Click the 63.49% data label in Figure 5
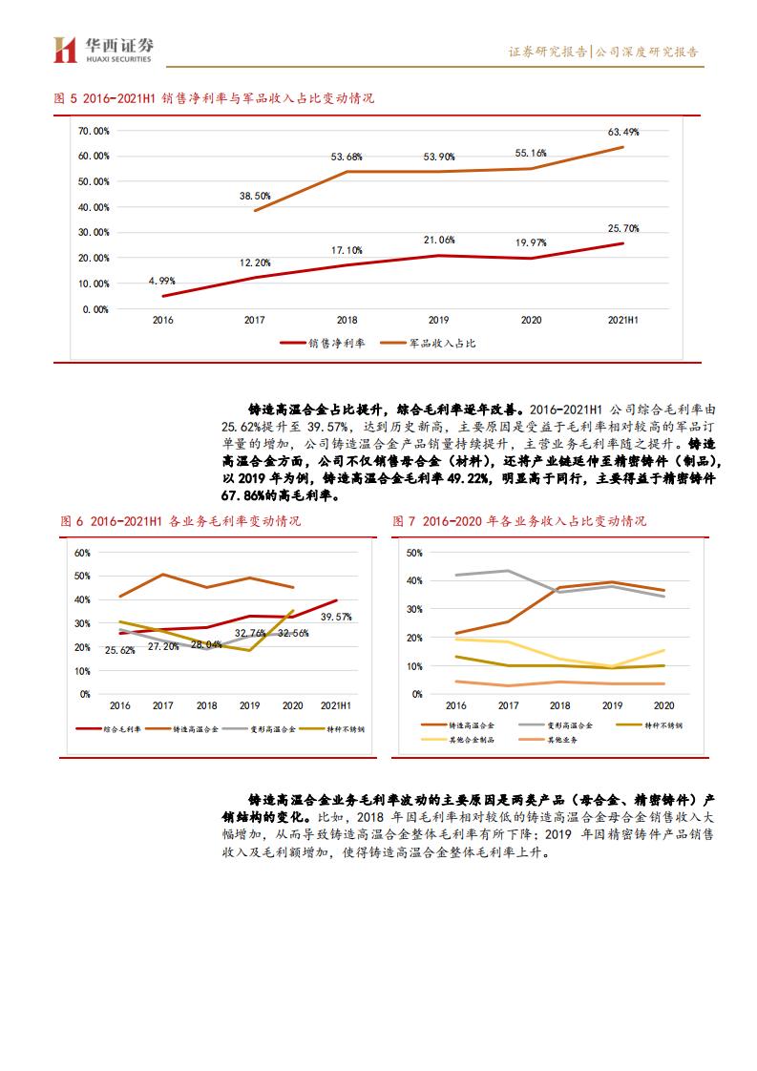click(x=622, y=132)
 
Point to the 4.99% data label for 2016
click(x=161, y=281)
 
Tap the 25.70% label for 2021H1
click(x=622, y=228)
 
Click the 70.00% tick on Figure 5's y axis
click(x=94, y=131)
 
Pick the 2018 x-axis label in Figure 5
click(x=347, y=321)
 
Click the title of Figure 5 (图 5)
click(x=214, y=98)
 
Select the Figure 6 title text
click(x=180, y=521)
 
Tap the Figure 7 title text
click(x=519, y=521)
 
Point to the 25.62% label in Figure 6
click(x=121, y=650)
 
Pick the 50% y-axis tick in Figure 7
click(x=413, y=553)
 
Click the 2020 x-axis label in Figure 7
click(x=663, y=705)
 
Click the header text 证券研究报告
click(x=548, y=52)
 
